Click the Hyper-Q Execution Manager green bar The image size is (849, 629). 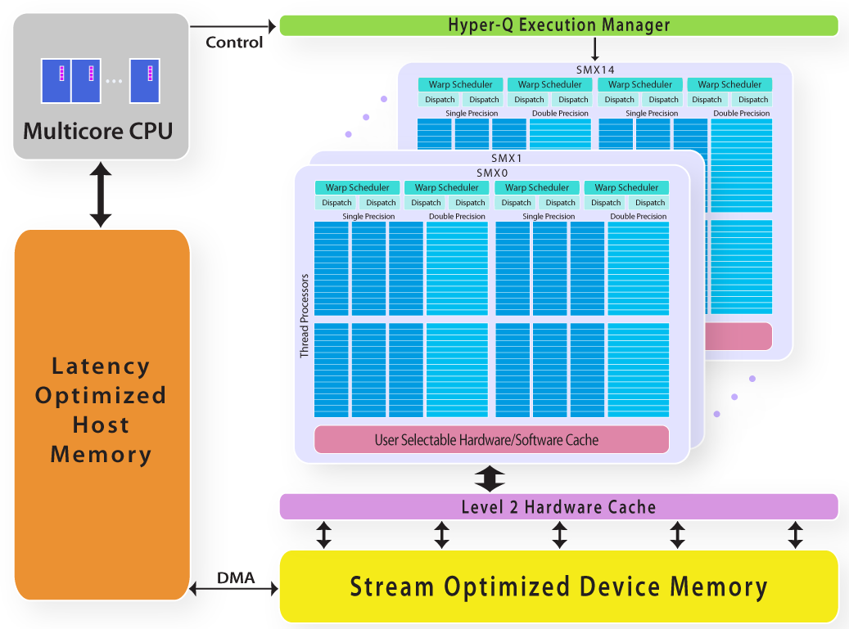point(558,25)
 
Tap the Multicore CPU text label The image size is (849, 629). point(98,130)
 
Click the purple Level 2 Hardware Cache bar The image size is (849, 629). point(558,507)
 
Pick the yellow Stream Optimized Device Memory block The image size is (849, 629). point(558,586)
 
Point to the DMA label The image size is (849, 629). point(235,578)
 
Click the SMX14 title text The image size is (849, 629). point(594,70)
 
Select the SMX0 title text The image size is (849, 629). point(492,173)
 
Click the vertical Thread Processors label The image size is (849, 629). point(304,316)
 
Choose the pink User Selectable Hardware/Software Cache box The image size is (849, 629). point(491,440)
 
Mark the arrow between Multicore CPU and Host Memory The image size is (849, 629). point(101,194)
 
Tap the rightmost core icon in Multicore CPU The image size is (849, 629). point(144,80)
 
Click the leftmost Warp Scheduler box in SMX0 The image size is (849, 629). point(358,188)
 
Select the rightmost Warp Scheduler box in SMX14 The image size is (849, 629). point(729,84)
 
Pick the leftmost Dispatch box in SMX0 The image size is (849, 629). point(336,203)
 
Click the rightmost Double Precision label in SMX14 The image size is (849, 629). point(741,114)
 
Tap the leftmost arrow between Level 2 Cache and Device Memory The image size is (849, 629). point(325,535)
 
